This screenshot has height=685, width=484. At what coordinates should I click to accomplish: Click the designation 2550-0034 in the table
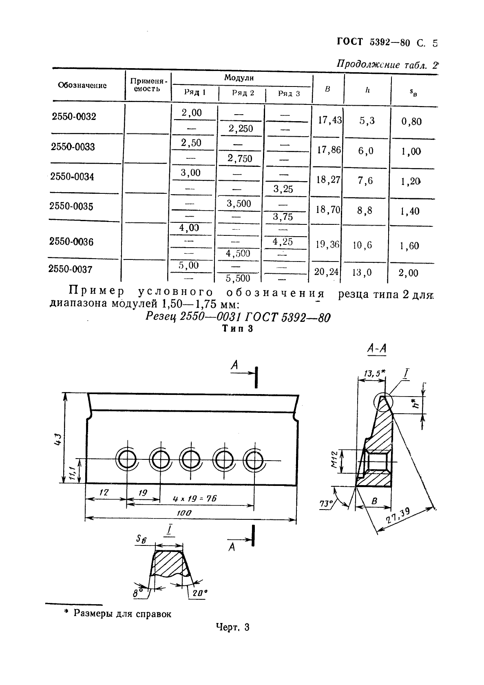click(x=72, y=177)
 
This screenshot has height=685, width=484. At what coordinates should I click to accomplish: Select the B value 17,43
click(x=330, y=120)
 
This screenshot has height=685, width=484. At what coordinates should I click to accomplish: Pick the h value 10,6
click(x=362, y=245)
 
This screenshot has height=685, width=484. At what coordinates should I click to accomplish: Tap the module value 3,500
click(x=239, y=204)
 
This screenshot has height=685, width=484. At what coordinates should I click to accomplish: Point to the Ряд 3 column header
click(x=289, y=93)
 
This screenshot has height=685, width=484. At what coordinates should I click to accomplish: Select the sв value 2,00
click(x=408, y=273)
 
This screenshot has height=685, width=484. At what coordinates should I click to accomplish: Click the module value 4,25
click(x=283, y=242)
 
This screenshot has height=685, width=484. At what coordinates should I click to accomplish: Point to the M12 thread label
click(x=335, y=460)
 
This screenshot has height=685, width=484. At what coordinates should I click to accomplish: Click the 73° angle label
click(x=326, y=504)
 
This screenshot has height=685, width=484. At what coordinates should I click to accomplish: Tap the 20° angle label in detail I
click(x=200, y=593)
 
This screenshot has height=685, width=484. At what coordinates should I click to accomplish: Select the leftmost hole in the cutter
click(x=127, y=460)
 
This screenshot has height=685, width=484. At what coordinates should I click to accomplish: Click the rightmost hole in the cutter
click(x=254, y=460)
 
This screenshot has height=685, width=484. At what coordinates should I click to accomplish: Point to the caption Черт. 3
click(x=232, y=633)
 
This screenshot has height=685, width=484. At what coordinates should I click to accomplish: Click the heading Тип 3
click(x=237, y=328)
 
